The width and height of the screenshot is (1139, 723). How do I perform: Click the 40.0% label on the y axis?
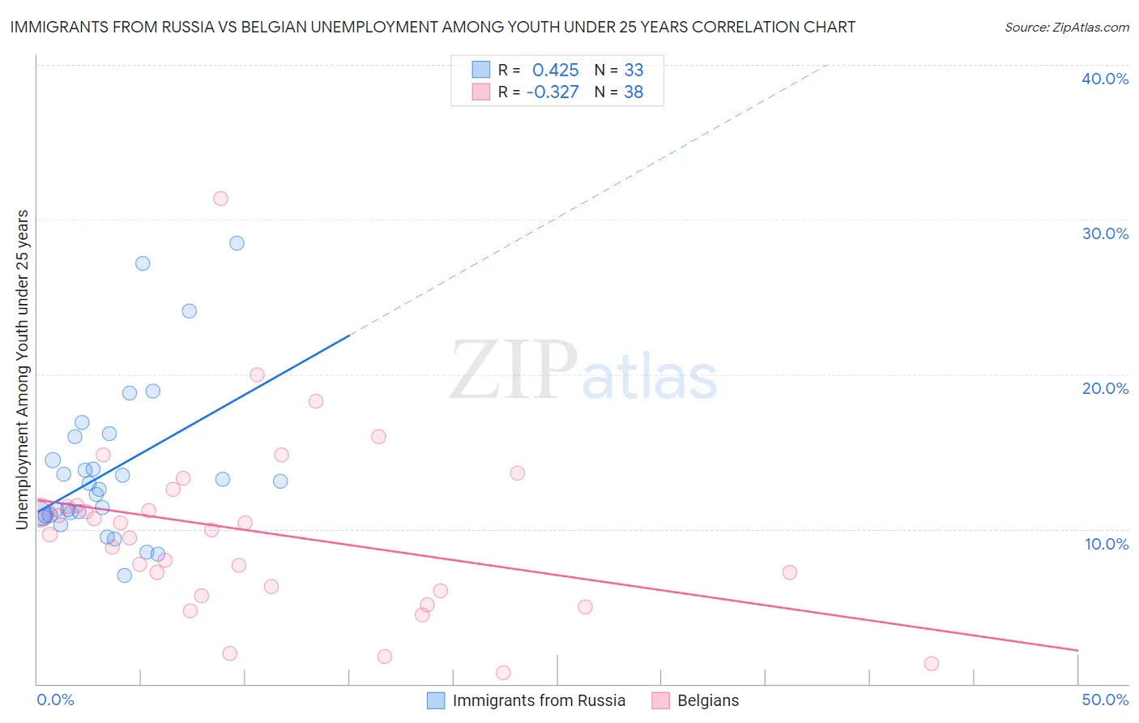[x=1105, y=79]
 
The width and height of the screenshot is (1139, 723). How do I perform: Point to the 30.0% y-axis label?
[x=1105, y=233]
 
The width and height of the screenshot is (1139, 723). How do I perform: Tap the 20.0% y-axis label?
[x=1105, y=388]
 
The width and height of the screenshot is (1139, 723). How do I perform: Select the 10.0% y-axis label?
[x=1107, y=544]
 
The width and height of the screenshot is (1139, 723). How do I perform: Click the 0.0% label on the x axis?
[x=55, y=699]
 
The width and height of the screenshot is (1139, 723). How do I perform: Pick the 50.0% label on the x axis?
[x=1105, y=699]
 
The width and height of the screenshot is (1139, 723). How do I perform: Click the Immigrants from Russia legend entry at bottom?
[x=539, y=700]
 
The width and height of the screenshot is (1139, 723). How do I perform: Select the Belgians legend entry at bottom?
[x=708, y=700]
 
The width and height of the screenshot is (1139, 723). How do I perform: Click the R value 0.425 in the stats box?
[x=556, y=70]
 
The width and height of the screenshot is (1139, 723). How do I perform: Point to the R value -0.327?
[x=552, y=92]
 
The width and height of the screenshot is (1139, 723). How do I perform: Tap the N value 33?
[x=633, y=70]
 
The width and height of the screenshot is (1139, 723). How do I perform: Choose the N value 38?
[x=633, y=92]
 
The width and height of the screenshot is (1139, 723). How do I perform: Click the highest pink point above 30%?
[x=220, y=199]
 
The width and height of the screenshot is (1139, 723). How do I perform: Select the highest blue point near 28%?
[x=237, y=243]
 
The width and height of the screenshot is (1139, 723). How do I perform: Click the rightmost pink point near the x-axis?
[x=932, y=664]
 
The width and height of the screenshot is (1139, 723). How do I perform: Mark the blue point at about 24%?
[x=190, y=311]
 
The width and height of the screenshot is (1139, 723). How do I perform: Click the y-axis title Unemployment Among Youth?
[x=22, y=370]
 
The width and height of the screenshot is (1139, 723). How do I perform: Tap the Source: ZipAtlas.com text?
[x=1067, y=28]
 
